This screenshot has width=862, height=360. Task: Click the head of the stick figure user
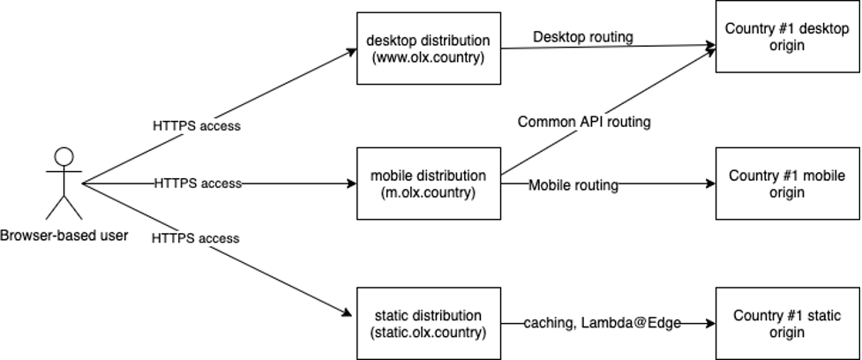click(64, 158)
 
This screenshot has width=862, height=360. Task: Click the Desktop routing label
click(582, 37)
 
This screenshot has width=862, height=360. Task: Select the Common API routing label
click(584, 122)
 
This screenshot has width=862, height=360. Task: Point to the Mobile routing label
click(573, 185)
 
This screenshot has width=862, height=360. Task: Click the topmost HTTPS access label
click(197, 125)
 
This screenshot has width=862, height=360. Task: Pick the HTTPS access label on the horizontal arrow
click(197, 184)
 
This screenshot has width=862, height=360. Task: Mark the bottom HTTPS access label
click(195, 238)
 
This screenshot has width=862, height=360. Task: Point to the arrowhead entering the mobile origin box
click(709, 184)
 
